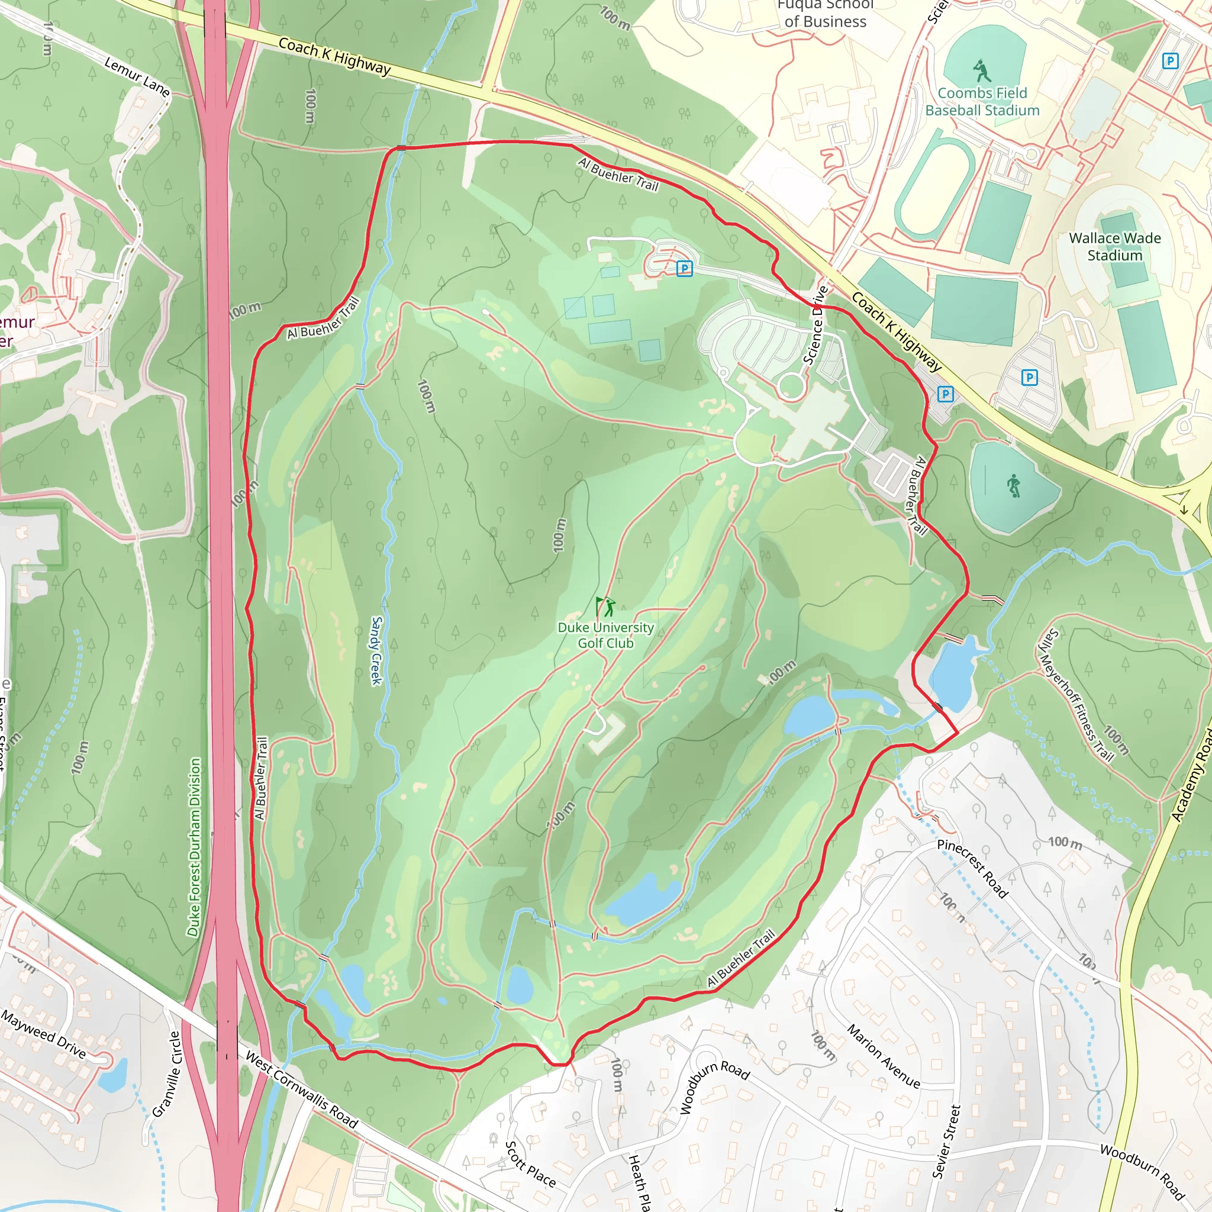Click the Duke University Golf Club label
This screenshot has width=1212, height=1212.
(605, 635)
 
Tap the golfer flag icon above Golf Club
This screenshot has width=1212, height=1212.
(605, 606)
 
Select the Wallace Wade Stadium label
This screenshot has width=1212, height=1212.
(1115, 247)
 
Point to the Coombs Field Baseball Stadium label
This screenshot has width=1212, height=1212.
(982, 102)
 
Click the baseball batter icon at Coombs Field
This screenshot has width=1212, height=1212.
(982, 70)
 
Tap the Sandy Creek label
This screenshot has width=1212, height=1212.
(376, 650)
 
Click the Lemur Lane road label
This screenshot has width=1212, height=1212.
(137, 76)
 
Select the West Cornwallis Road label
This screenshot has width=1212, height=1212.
(301, 1090)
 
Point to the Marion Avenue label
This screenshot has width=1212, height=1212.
(884, 1056)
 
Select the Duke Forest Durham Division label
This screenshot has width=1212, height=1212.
(195, 847)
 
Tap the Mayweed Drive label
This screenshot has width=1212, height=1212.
(43, 1033)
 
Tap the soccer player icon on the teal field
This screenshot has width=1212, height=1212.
(1014, 486)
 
